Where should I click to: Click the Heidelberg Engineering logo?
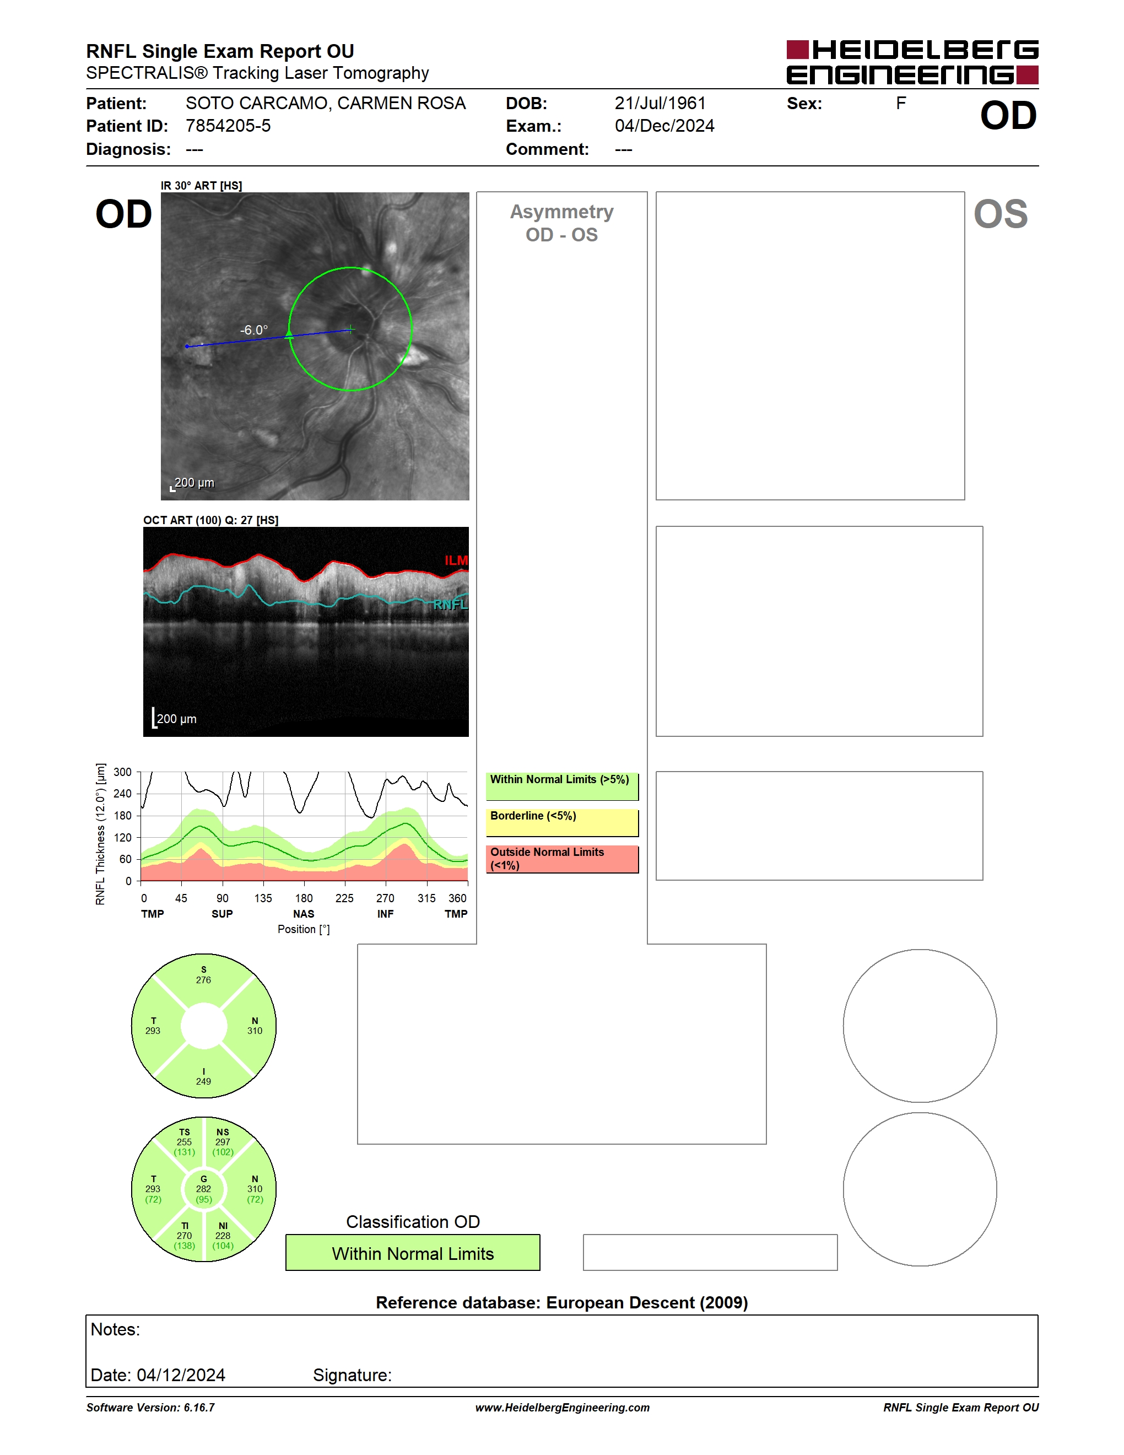[x=912, y=62]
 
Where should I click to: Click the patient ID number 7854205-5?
[x=228, y=126]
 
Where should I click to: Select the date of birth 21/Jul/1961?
[x=660, y=103]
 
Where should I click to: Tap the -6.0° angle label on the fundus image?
[x=253, y=330]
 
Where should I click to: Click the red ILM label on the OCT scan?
[x=456, y=561]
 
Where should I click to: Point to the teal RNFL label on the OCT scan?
[x=451, y=604]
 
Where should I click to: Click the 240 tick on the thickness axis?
[x=122, y=794]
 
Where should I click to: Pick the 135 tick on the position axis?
[x=263, y=898]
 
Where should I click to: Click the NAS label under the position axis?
[x=304, y=914]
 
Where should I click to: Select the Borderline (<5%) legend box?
[x=562, y=823]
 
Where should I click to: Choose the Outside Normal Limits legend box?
[x=562, y=859]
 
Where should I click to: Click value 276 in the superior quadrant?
[x=203, y=980]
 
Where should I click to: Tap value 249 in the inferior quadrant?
[x=203, y=1081]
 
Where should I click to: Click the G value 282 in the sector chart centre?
[x=203, y=1188]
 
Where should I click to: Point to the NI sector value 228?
[x=223, y=1236]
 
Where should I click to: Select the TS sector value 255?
[x=184, y=1142]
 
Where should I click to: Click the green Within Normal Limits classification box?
[x=413, y=1253]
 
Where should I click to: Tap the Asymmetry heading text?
[x=561, y=212]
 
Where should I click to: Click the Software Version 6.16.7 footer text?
[x=150, y=1408]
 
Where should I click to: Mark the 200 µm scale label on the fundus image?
[x=194, y=482]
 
